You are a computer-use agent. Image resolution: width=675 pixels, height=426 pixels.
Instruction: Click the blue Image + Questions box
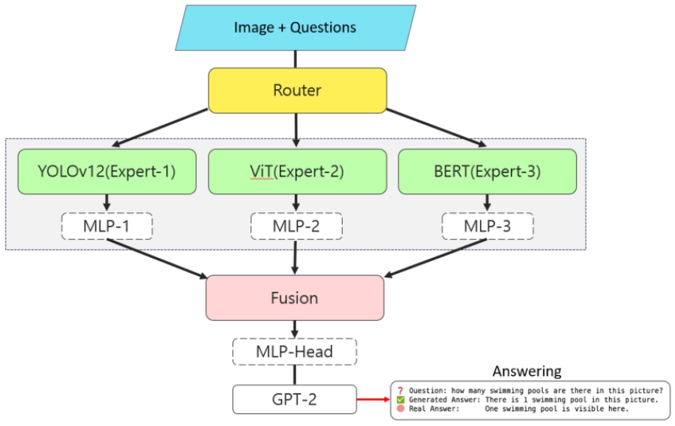[295, 28]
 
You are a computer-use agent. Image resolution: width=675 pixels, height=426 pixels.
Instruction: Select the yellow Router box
[297, 91]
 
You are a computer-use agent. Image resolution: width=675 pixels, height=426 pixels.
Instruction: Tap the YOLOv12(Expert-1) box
[106, 172]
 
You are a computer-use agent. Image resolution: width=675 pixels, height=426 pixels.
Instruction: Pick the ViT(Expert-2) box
[296, 172]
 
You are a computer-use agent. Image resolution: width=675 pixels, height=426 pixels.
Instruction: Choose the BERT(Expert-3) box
[487, 172]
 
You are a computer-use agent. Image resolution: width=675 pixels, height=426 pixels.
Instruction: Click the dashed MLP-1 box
[107, 226]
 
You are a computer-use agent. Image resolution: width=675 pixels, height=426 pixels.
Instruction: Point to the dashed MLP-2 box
[296, 226]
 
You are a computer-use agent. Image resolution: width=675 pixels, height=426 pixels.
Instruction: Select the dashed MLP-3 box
[487, 226]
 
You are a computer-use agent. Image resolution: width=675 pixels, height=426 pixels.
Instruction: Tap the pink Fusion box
[295, 298]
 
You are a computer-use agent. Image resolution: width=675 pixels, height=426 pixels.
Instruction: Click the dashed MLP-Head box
[295, 351]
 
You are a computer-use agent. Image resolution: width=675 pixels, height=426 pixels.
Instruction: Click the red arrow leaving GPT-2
[373, 399]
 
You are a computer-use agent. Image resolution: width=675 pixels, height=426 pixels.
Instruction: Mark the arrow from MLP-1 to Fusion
[157, 258]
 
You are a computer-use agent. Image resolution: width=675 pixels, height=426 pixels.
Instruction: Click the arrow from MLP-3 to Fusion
[435, 258]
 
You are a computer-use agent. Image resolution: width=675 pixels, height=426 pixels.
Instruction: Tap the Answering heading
[526, 371]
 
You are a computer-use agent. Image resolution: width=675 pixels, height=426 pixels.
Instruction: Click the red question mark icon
[400, 391]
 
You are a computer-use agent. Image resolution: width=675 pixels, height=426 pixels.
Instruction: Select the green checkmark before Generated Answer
[400, 400]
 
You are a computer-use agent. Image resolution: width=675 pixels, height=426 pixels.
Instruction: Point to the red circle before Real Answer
[400, 409]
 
